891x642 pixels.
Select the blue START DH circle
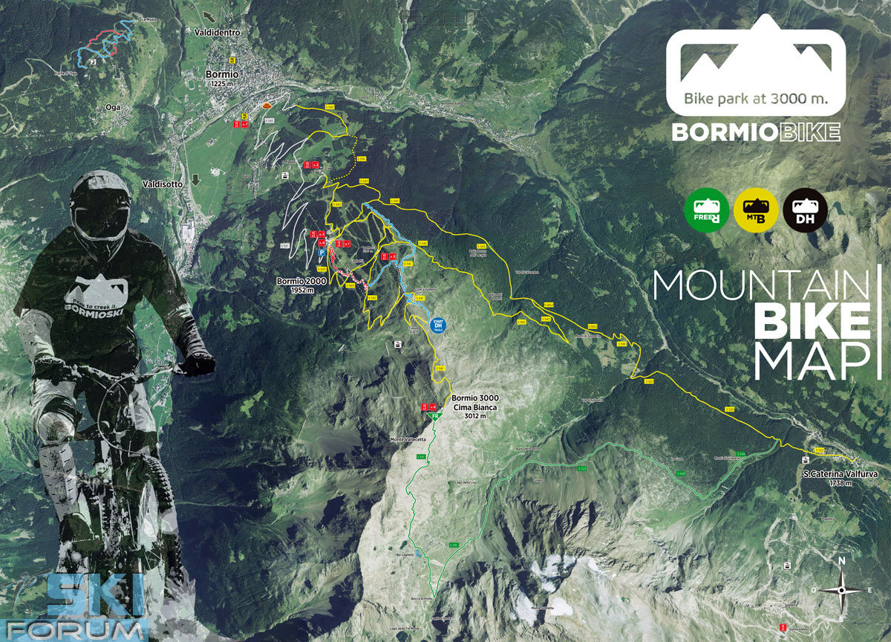[x=437, y=325]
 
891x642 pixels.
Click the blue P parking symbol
[x=322, y=253]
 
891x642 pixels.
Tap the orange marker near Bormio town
[x=265, y=107]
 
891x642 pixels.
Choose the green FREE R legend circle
[x=706, y=210]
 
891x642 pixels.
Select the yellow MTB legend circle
[x=756, y=210]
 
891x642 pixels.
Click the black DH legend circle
[x=806, y=210]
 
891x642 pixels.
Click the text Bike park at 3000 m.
[x=756, y=98]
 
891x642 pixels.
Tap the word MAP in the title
[x=812, y=360]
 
